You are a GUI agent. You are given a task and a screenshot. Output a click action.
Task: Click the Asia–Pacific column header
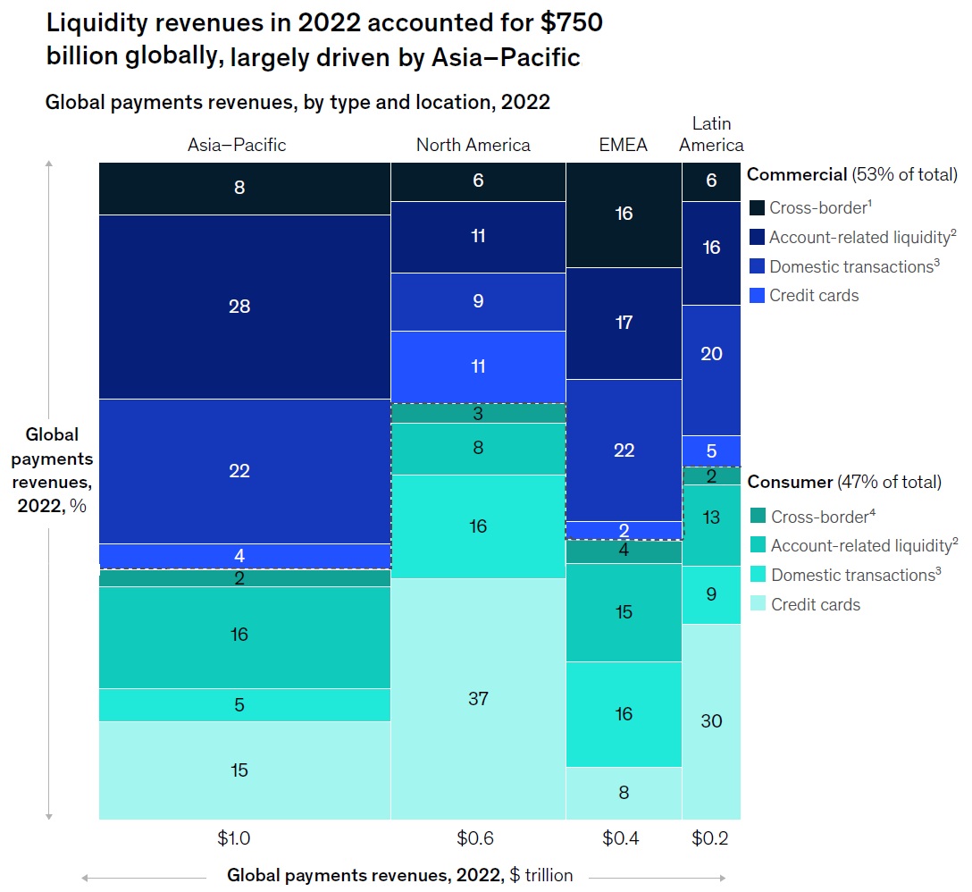coord(237,145)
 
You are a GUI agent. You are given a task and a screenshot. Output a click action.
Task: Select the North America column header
coord(473,145)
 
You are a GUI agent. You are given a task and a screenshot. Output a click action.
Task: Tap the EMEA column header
coord(624,145)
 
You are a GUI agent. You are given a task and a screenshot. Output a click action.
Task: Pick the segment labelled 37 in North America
coord(478,698)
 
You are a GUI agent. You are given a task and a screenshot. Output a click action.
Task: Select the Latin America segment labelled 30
coord(711,720)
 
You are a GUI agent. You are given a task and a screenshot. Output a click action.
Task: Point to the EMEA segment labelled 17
coord(624,323)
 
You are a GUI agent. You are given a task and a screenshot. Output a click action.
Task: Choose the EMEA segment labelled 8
coord(624,792)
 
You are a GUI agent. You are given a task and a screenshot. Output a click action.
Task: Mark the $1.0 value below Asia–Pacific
coord(235,839)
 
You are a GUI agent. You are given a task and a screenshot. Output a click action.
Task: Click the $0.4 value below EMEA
coord(624,839)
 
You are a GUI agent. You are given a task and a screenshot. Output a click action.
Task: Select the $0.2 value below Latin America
coord(711,839)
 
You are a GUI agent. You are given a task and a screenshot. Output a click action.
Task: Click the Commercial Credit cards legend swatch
coord(756,295)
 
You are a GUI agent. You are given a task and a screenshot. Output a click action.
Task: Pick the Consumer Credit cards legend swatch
coord(756,604)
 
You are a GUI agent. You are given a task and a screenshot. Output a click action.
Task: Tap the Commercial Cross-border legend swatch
coord(756,207)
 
